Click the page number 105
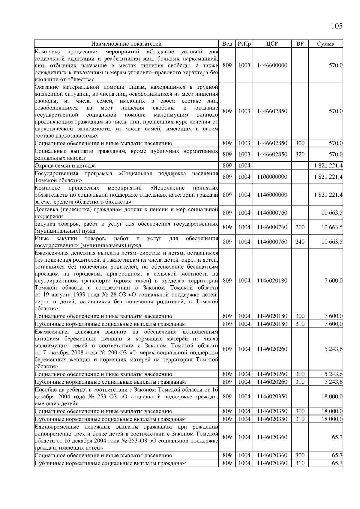pos(337,26)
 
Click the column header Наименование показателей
pos(126,44)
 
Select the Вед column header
pos(227,44)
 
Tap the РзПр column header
pos(244,44)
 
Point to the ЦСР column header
pos(272,44)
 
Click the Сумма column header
pos(325,44)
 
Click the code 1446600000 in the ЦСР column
pos(272,66)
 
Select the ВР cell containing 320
pos(300,154)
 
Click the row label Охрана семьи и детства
pos(65,166)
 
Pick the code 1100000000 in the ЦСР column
pos(272,177)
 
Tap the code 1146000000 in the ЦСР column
pos(272,195)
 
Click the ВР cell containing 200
pos(300,227)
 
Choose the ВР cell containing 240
pos(300,242)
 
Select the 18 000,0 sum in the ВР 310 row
pos(332,419)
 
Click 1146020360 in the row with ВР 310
pos(272,463)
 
